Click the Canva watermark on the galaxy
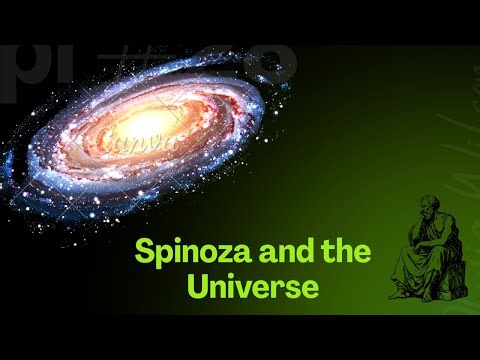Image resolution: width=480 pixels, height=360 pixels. pos(150,140)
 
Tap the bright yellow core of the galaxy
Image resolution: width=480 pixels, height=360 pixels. pos(150,122)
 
